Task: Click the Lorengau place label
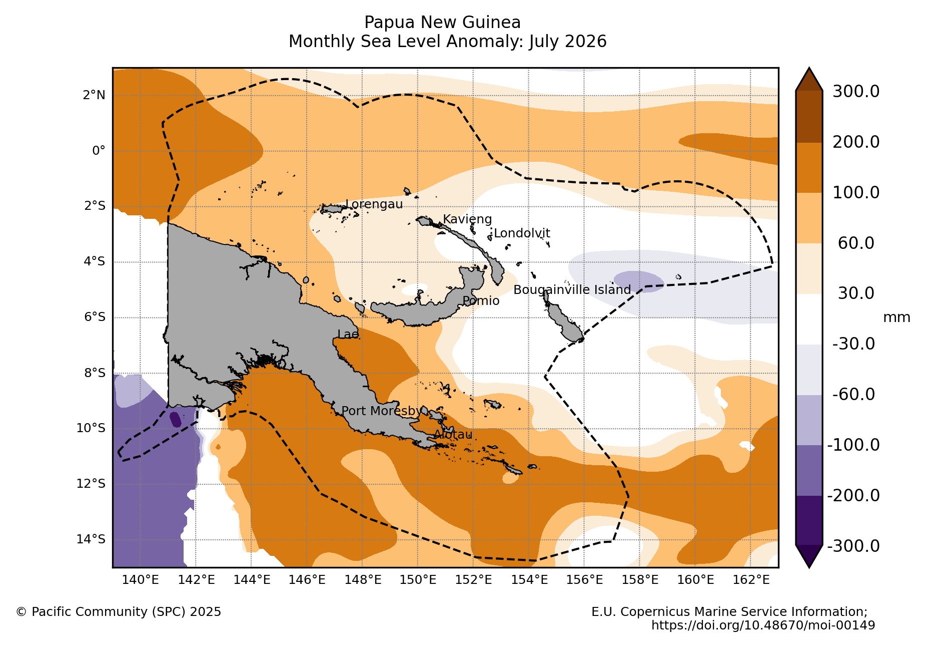374,204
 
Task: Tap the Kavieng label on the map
467,219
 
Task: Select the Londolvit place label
522,233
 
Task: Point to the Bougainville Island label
572,290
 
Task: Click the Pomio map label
481,301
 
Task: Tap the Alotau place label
453,435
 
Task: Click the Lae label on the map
348,335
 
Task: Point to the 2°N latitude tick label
94,95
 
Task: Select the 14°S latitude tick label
91,539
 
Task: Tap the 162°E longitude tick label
751,580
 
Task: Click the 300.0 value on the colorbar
856,92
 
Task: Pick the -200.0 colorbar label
853,495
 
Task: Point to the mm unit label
896,317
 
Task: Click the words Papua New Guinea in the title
443,23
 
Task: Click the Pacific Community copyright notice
119,612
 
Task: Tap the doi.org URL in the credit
763,625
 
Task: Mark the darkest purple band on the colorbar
809,520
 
